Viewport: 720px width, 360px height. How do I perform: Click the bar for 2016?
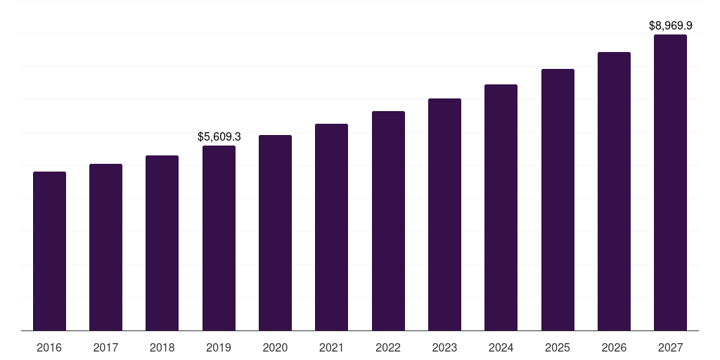(49, 251)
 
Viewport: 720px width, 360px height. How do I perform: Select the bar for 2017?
(105, 247)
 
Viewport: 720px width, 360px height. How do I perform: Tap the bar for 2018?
(162, 243)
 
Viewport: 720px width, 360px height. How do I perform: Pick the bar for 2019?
(219, 238)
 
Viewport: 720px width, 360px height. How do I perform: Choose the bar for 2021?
(331, 227)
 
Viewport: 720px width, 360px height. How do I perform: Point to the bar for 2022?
(388, 221)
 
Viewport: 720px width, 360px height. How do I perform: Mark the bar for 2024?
(501, 207)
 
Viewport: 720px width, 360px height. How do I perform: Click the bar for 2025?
(558, 200)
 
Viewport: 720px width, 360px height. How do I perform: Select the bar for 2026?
(614, 191)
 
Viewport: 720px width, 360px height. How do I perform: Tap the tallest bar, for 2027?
(670, 182)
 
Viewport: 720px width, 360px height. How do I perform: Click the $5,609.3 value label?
(219, 136)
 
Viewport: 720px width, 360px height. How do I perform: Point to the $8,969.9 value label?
(670, 25)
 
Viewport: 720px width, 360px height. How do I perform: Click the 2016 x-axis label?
(49, 347)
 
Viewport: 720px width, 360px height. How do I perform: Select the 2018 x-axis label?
(162, 347)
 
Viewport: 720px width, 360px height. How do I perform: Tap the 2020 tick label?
(275, 347)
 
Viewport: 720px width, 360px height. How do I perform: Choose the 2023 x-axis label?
(444, 347)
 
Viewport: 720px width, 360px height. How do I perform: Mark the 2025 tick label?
(558, 347)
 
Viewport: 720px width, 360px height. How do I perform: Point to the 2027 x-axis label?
(670, 347)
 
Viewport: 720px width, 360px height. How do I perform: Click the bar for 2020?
(275, 233)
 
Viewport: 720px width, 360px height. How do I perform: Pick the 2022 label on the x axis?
(388, 347)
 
